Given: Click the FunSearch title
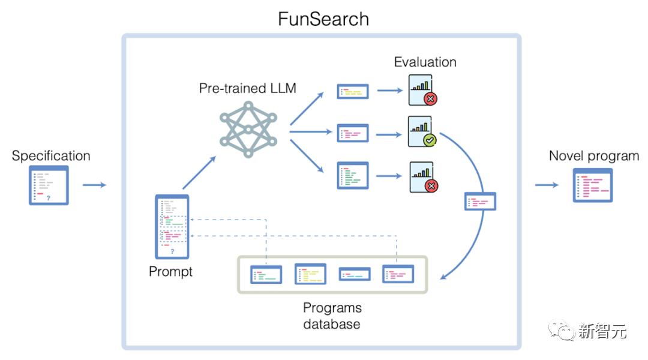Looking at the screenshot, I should click(323, 19).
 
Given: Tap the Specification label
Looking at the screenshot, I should click(51, 156).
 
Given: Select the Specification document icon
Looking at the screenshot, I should click(49, 185).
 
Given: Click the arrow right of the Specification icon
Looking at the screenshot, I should click(94, 185).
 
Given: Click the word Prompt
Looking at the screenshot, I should click(171, 271).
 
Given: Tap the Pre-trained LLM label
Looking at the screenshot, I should click(248, 89).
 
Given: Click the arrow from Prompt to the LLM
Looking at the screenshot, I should click(199, 173).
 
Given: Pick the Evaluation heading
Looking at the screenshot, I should click(425, 62).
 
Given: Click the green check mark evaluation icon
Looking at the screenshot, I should click(422, 132).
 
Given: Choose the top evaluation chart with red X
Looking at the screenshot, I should click(422, 91).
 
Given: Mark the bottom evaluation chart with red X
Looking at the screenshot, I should click(422, 177).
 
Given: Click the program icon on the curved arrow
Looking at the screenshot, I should click(481, 201).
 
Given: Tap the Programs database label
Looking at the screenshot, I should click(332, 316).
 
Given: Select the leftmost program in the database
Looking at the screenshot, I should click(266, 274).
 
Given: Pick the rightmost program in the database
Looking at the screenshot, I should click(398, 274).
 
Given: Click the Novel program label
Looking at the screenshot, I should click(594, 156).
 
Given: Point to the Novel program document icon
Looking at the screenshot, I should click(593, 185).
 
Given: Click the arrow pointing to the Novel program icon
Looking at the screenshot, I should click(547, 185).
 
